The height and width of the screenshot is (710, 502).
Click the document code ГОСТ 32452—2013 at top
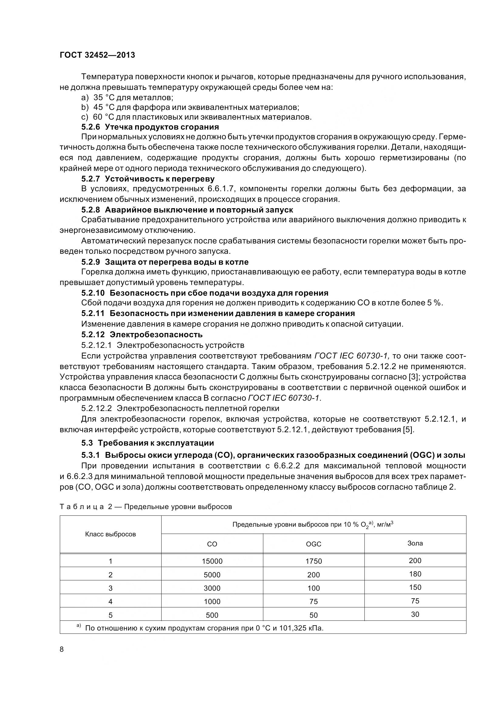pyautogui.click(x=97, y=55)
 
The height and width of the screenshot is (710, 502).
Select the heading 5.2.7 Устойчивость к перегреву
pyautogui.click(x=148, y=179)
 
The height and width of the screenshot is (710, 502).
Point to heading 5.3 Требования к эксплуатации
pyautogui.click(x=148, y=443)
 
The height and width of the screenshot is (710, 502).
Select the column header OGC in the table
pyautogui.click(x=313, y=544)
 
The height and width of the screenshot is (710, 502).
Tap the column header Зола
pyautogui.click(x=415, y=543)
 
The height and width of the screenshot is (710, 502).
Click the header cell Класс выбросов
pyautogui.click(x=111, y=534)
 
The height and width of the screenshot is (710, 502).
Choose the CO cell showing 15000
pyautogui.click(x=212, y=561)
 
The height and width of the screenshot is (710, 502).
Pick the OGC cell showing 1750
pyautogui.click(x=313, y=561)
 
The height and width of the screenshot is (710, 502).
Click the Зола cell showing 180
pyautogui.click(x=415, y=574)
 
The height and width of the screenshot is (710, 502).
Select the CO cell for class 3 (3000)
pyautogui.click(x=212, y=588)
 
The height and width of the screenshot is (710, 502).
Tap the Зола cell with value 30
pyautogui.click(x=415, y=614)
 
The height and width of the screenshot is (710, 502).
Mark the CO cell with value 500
pyautogui.click(x=212, y=615)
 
